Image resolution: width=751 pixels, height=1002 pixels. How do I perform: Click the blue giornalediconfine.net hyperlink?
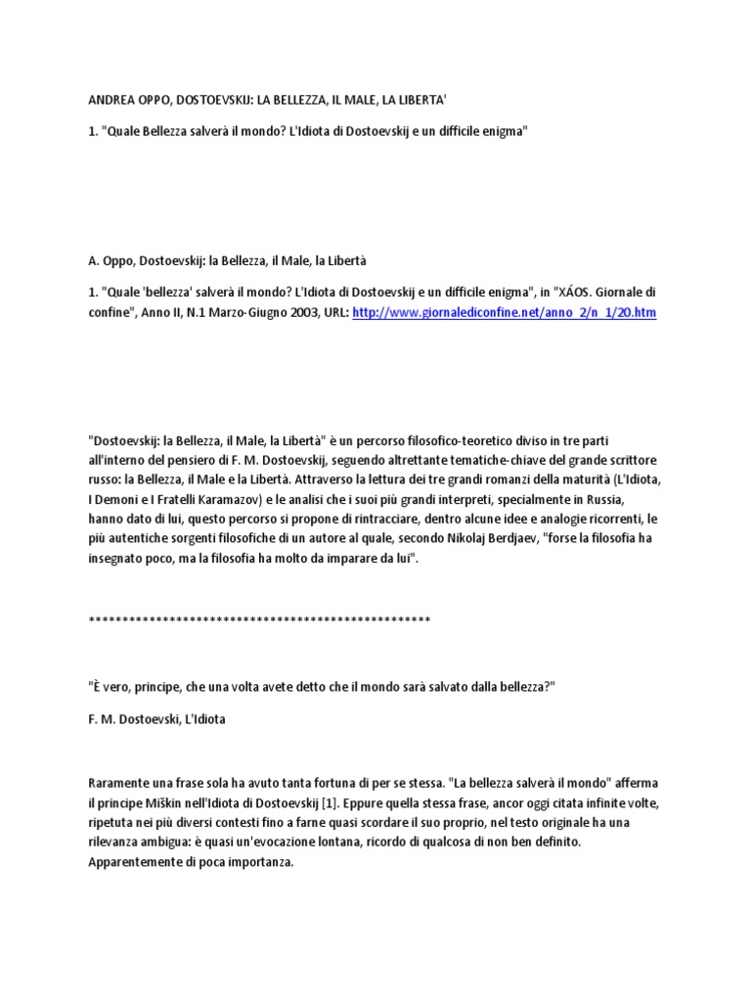pyautogui.click(x=504, y=312)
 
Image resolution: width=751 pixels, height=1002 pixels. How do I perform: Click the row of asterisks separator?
pyautogui.click(x=259, y=620)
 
